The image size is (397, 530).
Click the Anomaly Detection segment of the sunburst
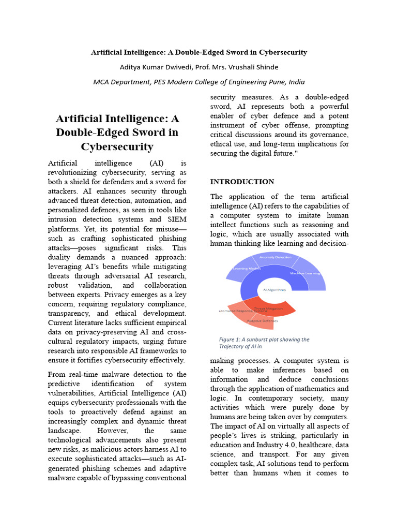click(x=275, y=257)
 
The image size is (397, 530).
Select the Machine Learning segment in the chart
click(x=305, y=273)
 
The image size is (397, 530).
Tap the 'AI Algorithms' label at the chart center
click(x=274, y=290)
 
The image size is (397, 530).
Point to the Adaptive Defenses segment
click(x=263, y=321)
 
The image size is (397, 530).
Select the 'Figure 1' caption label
click(x=231, y=340)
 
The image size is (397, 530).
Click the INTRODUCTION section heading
click(x=242, y=182)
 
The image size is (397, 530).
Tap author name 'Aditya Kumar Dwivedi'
click(x=152, y=67)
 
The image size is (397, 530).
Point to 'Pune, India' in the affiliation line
click(x=287, y=82)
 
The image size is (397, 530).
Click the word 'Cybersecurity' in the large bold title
click(x=117, y=146)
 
